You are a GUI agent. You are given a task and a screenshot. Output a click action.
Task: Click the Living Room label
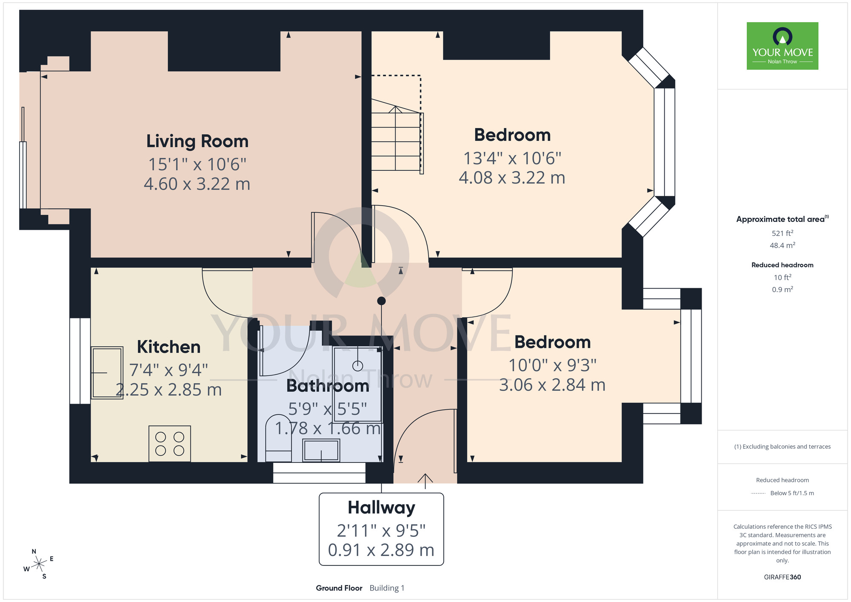(197, 141)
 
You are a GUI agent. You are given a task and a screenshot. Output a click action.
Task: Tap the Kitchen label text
(168, 347)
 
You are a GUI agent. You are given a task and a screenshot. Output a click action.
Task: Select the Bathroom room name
(328, 386)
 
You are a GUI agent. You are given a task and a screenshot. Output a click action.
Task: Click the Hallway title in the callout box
(381, 508)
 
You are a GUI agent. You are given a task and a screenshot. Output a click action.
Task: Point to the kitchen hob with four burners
(170, 444)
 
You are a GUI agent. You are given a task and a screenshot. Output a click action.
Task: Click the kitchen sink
(107, 373)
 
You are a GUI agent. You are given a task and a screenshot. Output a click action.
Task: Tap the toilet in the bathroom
(278, 438)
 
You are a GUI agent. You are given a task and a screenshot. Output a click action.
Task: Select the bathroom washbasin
(321, 450)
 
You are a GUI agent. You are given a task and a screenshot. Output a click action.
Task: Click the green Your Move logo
(782, 46)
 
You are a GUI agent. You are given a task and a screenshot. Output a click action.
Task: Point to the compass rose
(39, 564)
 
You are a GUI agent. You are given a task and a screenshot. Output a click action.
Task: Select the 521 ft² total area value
(782, 233)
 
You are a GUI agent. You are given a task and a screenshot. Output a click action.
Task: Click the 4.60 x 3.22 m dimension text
(197, 184)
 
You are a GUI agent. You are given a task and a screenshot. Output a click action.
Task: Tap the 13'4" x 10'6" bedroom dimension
(512, 158)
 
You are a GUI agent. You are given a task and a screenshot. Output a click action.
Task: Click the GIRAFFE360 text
(782, 577)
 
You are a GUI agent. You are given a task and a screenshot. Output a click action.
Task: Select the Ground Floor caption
(339, 588)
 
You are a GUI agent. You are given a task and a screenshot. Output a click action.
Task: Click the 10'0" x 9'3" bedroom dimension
(553, 365)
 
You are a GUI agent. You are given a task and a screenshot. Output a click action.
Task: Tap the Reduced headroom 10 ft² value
(782, 278)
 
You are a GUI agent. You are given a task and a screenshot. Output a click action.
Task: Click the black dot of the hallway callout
(382, 301)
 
